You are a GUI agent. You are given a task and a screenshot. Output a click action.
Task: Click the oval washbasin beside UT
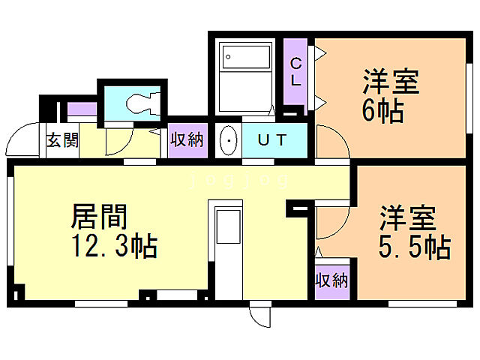(229, 140)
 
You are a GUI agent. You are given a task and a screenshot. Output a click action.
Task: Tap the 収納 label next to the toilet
(187, 139)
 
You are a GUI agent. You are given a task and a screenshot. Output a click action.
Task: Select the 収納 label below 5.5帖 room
(331, 281)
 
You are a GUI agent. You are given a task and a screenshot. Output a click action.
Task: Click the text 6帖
(382, 111)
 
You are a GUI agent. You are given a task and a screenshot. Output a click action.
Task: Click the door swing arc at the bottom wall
(260, 316)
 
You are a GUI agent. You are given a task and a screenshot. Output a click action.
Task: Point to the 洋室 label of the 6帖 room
(391, 82)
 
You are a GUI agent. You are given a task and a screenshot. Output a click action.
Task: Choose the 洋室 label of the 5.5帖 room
(407, 217)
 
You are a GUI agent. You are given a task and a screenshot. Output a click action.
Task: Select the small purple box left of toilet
(82, 109)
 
